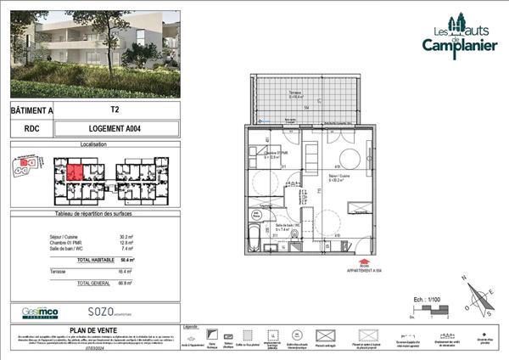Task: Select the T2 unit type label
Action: point(115,110)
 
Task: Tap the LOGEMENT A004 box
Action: point(115,129)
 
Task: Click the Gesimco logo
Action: point(39,312)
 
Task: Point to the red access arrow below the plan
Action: point(363,263)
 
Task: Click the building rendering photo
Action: point(93,52)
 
